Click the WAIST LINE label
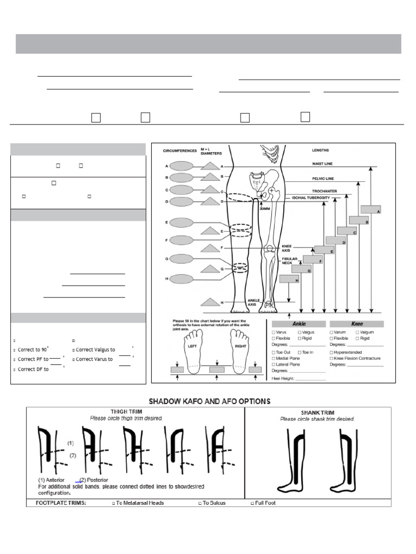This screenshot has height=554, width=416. coord(322,163)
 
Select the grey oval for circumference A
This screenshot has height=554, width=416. coord(181,166)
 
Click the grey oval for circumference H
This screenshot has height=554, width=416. coord(181,279)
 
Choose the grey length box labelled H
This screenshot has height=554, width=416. coord(289,279)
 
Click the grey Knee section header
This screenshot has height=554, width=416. coord(357,324)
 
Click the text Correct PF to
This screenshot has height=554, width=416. coord(32,359)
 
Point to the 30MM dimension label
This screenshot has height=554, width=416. coord(264,208)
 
